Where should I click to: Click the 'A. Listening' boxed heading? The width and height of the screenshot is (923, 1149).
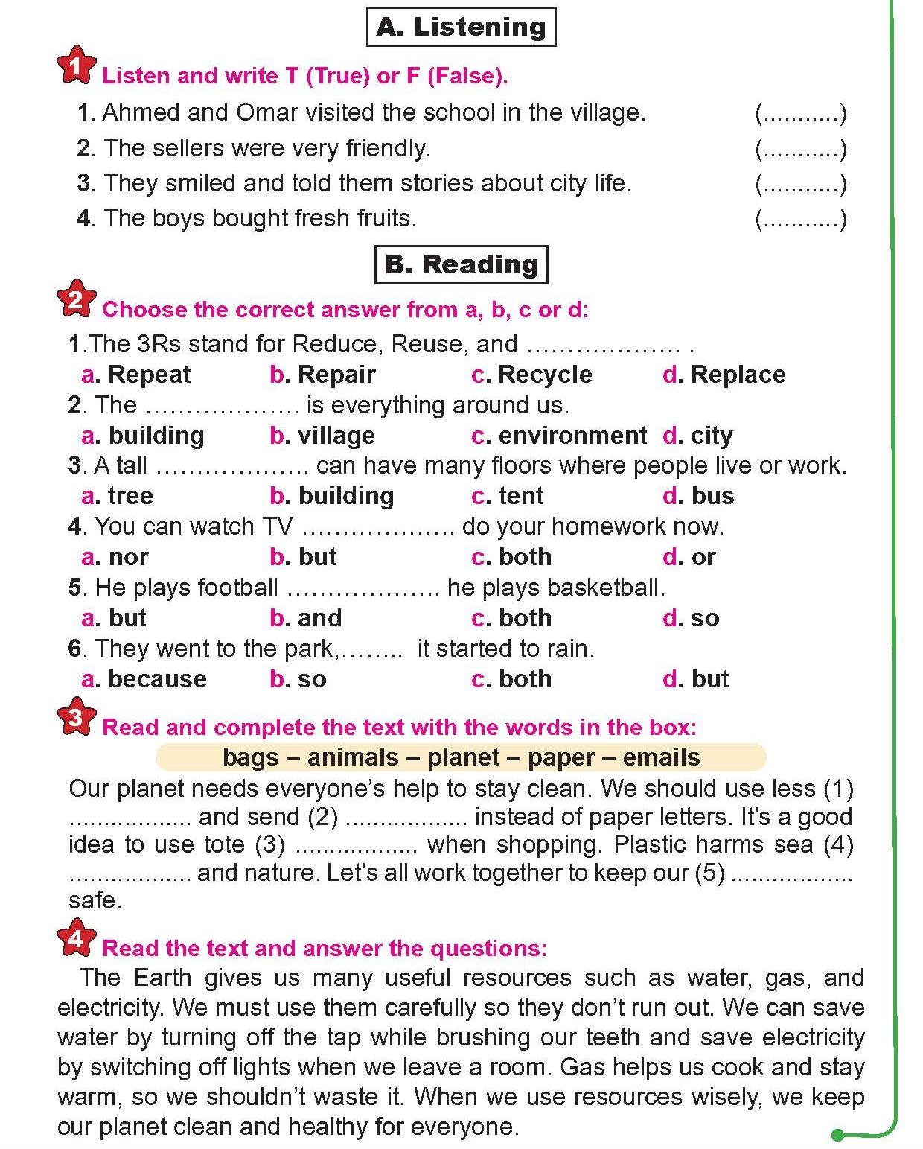coord(461,27)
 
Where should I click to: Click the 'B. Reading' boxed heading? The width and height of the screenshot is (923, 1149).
coord(461,264)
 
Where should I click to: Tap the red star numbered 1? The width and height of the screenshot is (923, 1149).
coord(76,67)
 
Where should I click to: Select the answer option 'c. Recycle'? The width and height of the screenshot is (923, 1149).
coord(531,375)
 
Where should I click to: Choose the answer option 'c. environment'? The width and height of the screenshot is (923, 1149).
coord(559,436)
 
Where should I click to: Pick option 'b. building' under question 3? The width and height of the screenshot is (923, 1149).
coord(332,496)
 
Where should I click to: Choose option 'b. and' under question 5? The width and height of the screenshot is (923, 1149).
coord(305,618)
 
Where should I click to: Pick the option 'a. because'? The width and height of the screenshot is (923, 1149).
coord(144,679)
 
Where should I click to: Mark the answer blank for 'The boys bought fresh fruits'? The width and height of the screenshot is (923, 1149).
coord(801,220)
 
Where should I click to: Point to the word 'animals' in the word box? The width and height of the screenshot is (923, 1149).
coord(353,757)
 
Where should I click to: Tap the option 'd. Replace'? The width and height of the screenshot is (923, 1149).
coord(724,375)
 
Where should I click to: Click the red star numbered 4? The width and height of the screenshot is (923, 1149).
coord(76,939)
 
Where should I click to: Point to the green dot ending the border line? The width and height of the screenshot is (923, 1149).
coord(837,1135)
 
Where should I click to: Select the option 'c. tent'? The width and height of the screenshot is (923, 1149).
coord(508,496)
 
